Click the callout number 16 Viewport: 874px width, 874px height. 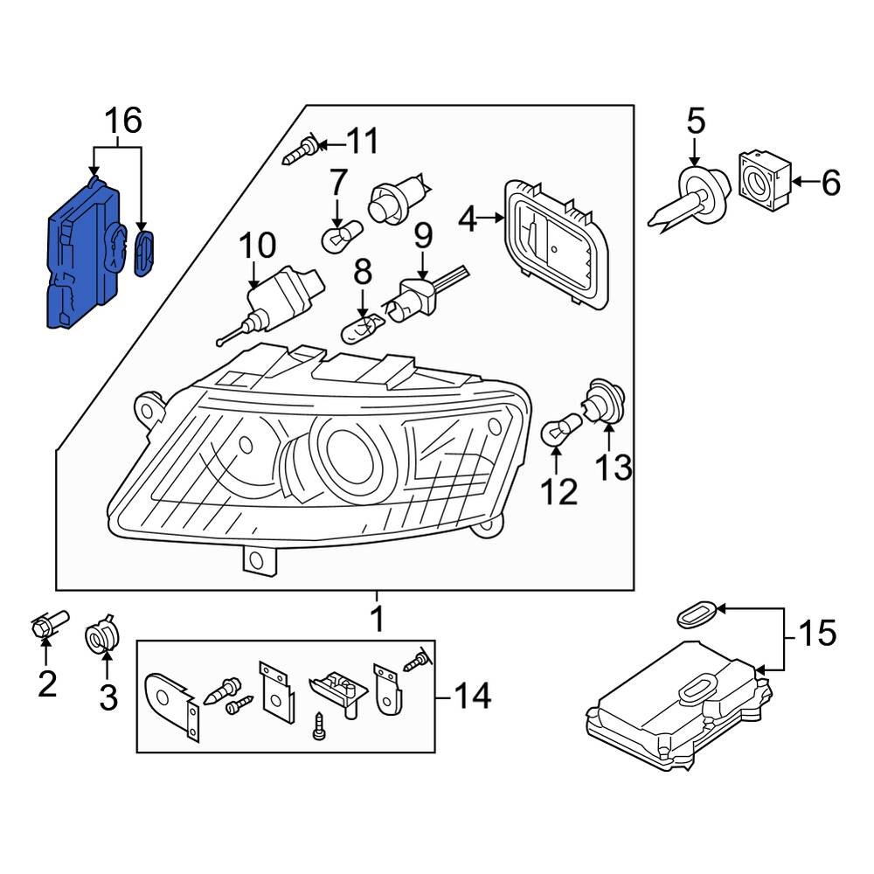[123, 121]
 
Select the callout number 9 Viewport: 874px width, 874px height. [423, 235]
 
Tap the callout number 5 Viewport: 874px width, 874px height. [695, 121]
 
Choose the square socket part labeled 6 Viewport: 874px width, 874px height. [766, 181]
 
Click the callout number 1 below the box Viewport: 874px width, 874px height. [377, 619]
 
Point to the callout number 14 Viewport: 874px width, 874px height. [472, 697]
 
